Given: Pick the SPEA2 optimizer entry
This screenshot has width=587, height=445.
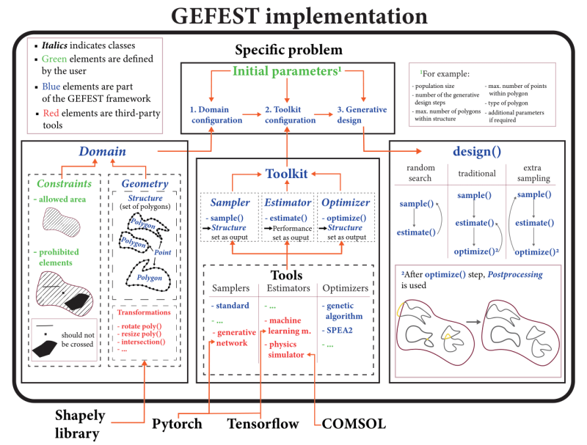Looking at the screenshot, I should tap(337, 330).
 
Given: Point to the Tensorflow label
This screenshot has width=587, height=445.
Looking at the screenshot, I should tap(263, 423).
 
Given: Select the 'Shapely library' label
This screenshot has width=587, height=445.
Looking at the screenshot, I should tap(80, 424).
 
